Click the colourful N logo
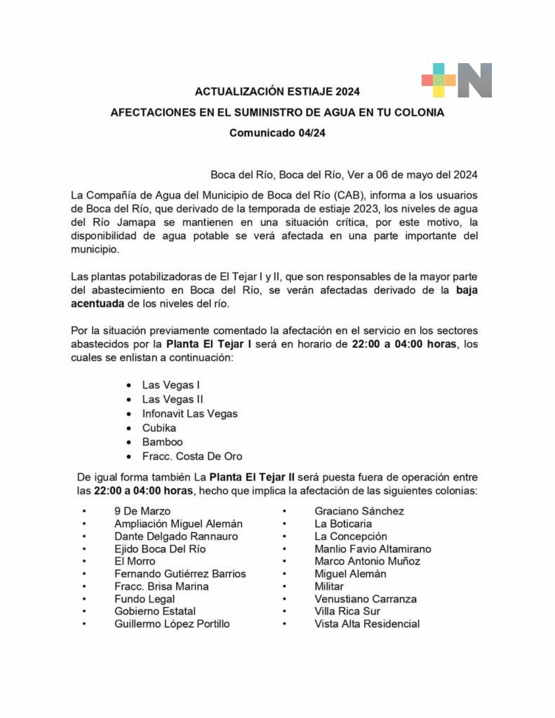point(457,80)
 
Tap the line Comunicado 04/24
point(277,133)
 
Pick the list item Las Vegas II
point(173,399)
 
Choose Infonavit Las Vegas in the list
point(189,414)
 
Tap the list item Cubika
point(159,428)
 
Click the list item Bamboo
point(162,442)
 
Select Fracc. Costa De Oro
point(192,456)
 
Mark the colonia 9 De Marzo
point(142,511)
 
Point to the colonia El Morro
point(135,561)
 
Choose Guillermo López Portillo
point(172,623)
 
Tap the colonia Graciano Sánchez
point(359,511)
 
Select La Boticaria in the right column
point(343,524)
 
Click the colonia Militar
point(329,586)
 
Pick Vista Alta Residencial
point(367,623)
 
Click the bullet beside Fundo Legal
point(84,599)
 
